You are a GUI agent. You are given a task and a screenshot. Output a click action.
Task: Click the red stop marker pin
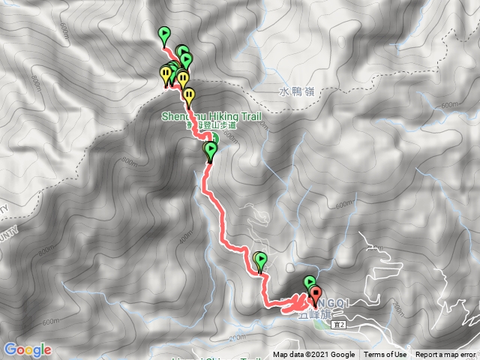coord(314,295)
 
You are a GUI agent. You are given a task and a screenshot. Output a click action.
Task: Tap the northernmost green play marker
coord(164,34)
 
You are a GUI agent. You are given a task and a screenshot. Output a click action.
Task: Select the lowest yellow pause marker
coord(190,95)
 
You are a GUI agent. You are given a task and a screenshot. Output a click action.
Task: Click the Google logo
coord(27,349)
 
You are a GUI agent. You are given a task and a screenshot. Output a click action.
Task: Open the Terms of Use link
coord(385,355)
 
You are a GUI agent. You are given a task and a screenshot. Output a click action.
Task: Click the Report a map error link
coord(445,355)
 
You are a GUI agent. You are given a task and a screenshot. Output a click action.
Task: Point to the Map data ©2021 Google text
coord(313,355)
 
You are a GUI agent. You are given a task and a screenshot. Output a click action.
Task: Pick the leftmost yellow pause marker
coord(165,73)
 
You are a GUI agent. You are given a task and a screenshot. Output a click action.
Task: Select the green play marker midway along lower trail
coord(260,259)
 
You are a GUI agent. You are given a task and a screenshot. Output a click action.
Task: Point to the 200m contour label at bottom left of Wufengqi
coord(238,337)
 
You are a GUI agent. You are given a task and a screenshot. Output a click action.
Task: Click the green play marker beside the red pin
coord(309,283)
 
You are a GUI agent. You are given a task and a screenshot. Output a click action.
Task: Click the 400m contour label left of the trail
coord(186,238)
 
